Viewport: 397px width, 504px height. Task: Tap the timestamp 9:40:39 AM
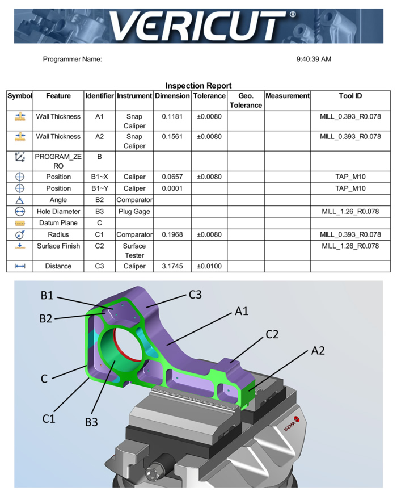[314, 59]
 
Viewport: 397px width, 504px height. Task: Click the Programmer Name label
[72, 59]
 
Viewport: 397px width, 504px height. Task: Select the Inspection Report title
[198, 86]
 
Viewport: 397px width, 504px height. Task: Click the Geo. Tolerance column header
[246, 100]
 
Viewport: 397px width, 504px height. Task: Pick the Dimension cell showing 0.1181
[172, 116]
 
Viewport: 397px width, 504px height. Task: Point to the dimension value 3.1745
[172, 266]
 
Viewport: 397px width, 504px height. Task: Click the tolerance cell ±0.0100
[209, 266]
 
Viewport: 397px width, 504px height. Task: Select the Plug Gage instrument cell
[134, 211]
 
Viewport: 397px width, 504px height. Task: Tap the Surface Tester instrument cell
[134, 250]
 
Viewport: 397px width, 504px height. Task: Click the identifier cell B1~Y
[99, 188]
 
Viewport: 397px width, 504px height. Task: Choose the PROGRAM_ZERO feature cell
[58, 161]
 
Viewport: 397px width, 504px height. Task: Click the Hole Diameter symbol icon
[20, 211]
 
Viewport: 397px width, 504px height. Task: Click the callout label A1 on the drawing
[243, 311]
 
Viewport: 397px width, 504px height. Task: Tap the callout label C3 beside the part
[195, 295]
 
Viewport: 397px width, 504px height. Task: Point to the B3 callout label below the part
[92, 422]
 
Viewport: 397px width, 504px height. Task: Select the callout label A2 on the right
[318, 351]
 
